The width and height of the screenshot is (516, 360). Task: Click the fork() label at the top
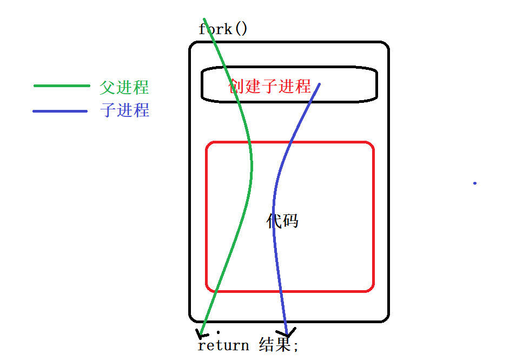click(x=223, y=28)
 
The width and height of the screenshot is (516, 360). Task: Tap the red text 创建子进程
click(x=270, y=86)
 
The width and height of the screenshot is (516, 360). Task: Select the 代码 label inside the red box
click(x=282, y=220)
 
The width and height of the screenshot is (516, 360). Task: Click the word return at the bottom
click(x=223, y=345)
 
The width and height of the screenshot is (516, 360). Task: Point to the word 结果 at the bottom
click(x=275, y=345)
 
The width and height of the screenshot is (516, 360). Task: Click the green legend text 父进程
click(x=124, y=87)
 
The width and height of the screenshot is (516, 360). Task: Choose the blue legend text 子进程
click(x=124, y=110)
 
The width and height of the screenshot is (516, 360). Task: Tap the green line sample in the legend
click(x=61, y=86)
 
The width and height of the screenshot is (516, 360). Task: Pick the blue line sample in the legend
click(x=59, y=112)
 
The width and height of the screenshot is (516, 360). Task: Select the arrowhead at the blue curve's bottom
click(x=286, y=332)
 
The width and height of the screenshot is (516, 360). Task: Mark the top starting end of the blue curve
click(x=319, y=84)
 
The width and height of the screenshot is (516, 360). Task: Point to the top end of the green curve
click(x=204, y=19)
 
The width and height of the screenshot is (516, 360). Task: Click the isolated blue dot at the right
click(x=475, y=183)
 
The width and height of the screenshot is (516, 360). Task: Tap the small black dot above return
click(x=218, y=331)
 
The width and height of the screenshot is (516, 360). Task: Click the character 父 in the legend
click(x=107, y=87)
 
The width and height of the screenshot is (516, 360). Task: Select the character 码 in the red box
click(x=290, y=220)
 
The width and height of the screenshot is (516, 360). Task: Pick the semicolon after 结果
click(x=296, y=346)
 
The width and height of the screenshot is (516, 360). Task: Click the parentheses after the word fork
click(x=240, y=28)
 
